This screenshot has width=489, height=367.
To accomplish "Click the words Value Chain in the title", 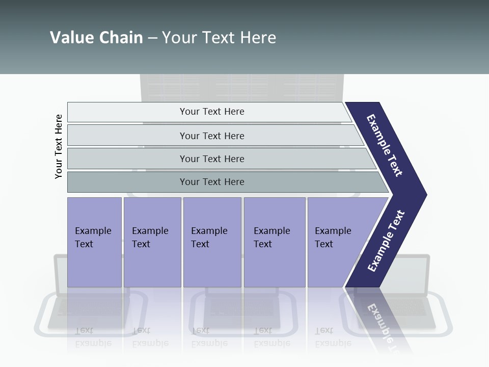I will point(96,38).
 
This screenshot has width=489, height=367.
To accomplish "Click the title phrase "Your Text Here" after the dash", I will point(219,38).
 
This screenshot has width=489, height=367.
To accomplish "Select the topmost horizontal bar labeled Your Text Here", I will point(211,112).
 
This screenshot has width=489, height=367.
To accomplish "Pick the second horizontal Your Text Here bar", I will point(211,136).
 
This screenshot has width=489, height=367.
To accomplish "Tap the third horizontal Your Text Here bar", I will point(211,159).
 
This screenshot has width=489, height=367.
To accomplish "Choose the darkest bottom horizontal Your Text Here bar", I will point(211,182).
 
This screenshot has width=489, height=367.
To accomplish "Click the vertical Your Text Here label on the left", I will point(59,146).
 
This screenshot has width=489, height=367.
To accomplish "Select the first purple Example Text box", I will point(94,242).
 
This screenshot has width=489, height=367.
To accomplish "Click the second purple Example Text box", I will point(152,242).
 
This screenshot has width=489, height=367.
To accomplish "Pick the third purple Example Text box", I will point(212,242).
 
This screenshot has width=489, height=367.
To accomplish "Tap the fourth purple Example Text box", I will point(274,242).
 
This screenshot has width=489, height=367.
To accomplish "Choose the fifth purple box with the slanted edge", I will point(336,242).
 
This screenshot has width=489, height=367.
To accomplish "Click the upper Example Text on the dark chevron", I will point(385,145).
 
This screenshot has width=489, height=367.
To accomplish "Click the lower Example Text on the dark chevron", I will point(386,241).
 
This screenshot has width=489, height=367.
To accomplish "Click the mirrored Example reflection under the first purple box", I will point(93,343).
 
